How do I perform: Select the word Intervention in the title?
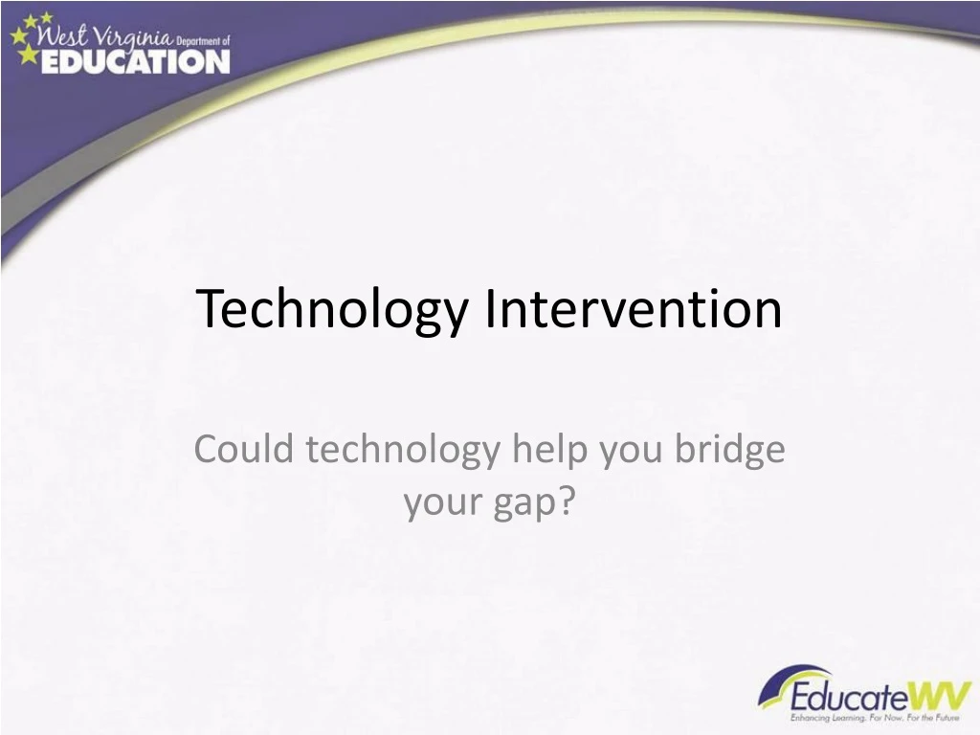coord(634,308)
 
